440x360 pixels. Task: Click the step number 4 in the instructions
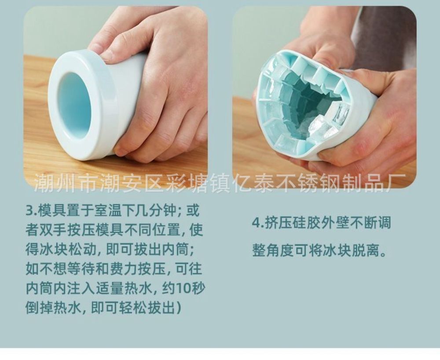[x=257, y=223]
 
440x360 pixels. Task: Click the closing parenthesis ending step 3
[x=178, y=308]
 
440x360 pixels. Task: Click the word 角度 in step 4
[x=282, y=249]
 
